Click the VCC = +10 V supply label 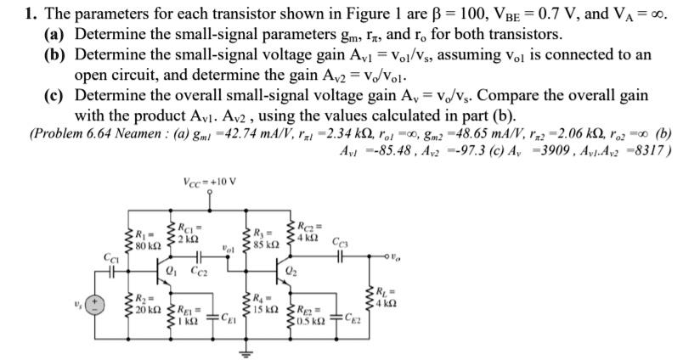tap(209, 181)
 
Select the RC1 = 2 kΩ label tap(185, 233)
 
